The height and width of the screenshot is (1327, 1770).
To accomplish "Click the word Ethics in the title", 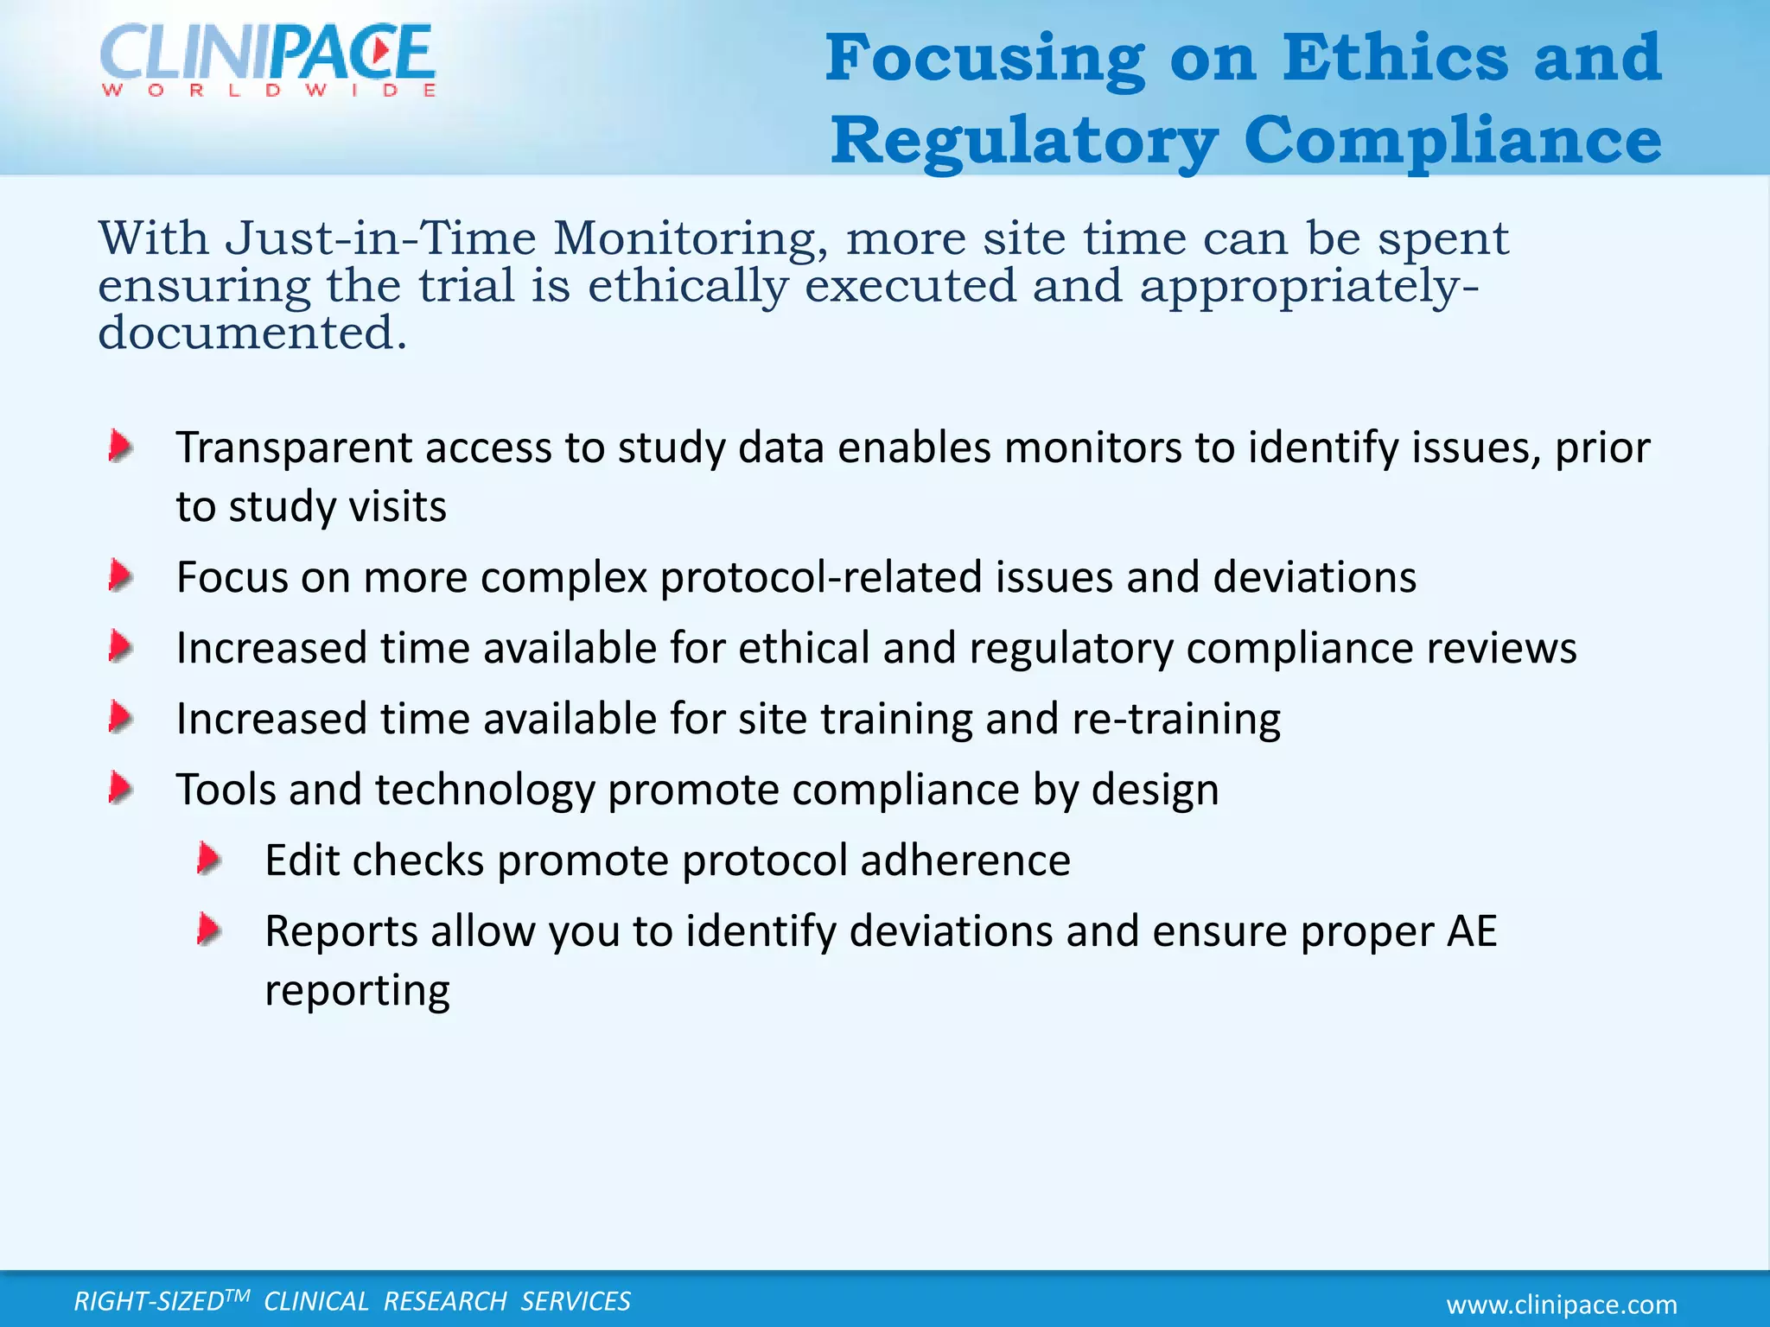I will pyautogui.click(x=1395, y=59).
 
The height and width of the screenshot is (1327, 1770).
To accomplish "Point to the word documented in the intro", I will pyautogui.click(x=251, y=333).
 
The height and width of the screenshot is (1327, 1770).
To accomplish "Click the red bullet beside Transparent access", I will pyautogui.click(x=120, y=448).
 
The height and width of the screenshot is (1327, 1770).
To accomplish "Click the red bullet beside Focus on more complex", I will pyautogui.click(x=120, y=576).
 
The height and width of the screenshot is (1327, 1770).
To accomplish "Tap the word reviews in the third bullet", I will pyautogui.click(x=1501, y=648).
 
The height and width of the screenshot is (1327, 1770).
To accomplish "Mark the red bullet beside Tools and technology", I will pyautogui.click(x=120, y=789).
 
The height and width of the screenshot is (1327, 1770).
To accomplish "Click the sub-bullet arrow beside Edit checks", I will pyautogui.click(x=209, y=860).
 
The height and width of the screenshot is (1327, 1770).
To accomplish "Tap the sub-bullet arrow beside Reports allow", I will pyautogui.click(x=209, y=930).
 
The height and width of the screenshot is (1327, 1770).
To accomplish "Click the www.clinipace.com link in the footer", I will pyautogui.click(x=1562, y=1304).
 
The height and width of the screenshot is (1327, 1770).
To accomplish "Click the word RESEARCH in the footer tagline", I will pyautogui.click(x=445, y=1301).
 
